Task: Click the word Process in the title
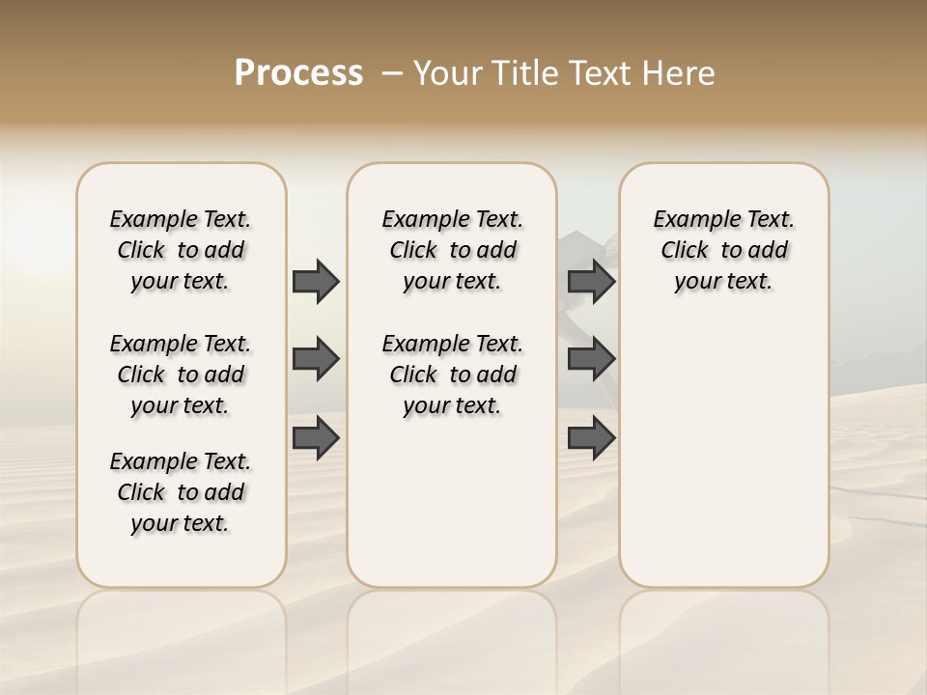click(x=298, y=73)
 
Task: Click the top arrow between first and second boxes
click(x=316, y=281)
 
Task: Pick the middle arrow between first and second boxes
click(x=316, y=359)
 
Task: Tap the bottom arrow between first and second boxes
click(x=316, y=438)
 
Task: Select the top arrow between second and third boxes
click(x=591, y=281)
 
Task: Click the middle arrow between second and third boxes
click(x=591, y=359)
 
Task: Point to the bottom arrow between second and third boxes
click(x=591, y=438)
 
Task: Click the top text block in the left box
click(x=181, y=250)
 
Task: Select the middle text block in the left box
click(x=181, y=375)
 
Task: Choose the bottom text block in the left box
click(x=181, y=492)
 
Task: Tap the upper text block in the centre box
click(x=453, y=250)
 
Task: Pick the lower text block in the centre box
click(x=453, y=375)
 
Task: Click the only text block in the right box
click(x=724, y=250)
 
